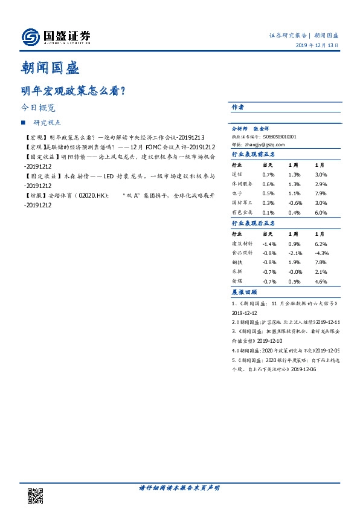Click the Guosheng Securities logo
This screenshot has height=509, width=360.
pos(56,37)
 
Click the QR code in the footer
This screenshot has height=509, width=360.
pos(36,495)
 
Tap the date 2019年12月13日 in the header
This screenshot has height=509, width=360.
pos(317,47)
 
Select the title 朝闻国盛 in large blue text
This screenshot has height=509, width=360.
pos(51,68)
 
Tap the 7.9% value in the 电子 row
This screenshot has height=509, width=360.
pos(321,193)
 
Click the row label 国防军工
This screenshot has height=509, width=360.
pos(243,203)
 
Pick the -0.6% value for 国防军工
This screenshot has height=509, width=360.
pos(295,203)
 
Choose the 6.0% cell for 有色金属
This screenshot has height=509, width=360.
pos(321,213)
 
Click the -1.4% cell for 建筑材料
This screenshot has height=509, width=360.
pos(269,243)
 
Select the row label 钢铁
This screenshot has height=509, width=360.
pos(238,262)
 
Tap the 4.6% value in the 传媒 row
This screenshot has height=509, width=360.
pos(321,282)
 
